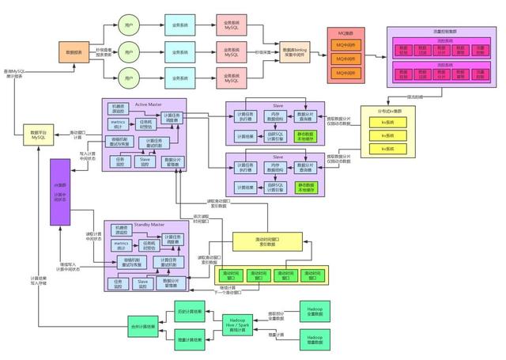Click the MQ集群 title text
coord(346,33)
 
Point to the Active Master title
coord(145,104)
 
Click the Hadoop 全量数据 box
coord(314,310)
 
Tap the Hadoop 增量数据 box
coord(314,341)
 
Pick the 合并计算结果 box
coord(144,324)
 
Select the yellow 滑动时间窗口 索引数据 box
coord(267,241)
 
